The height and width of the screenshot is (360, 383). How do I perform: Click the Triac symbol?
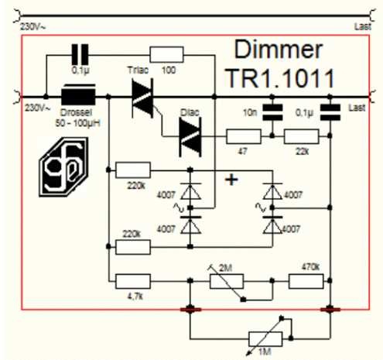[142, 98]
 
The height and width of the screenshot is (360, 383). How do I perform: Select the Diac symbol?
[190, 137]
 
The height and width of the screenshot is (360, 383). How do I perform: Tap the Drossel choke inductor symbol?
[78, 94]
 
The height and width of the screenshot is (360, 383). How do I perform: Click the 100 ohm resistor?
[166, 55]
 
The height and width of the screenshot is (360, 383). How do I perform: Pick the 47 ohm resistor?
[244, 136]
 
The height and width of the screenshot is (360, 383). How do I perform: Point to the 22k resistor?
[301, 136]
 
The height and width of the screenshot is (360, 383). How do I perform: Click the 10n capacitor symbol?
[272, 112]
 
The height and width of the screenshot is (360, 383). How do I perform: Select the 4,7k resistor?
[133, 281]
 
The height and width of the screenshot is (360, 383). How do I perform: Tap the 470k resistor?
[306, 281]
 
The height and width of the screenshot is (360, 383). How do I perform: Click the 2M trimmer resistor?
[227, 281]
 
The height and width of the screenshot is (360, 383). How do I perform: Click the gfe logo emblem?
[63, 166]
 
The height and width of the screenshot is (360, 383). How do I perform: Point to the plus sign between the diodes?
[231, 180]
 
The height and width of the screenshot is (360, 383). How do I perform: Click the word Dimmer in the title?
[279, 50]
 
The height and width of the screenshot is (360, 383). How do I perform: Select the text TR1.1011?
[280, 78]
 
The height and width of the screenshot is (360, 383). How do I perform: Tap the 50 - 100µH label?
[77, 123]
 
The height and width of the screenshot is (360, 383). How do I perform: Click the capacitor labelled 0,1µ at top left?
[80, 54]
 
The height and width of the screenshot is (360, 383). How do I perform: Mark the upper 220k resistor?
[133, 170]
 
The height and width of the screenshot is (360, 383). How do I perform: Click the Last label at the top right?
[363, 26]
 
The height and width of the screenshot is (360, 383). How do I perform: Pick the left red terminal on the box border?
[190, 309]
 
